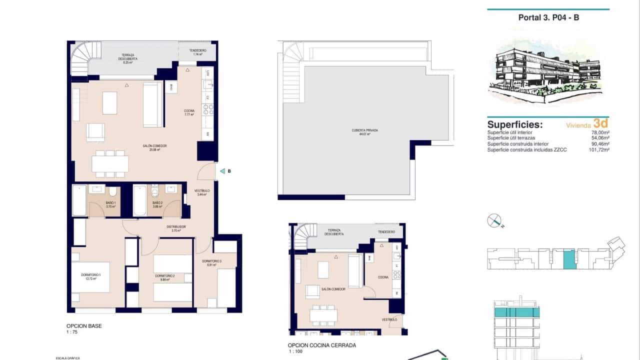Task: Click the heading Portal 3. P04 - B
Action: click(548, 17)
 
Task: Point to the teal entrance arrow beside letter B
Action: click(222, 171)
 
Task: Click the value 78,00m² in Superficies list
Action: click(599, 132)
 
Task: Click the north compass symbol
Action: click(494, 220)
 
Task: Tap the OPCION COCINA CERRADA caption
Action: click(314, 345)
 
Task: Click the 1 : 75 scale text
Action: click(74, 331)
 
